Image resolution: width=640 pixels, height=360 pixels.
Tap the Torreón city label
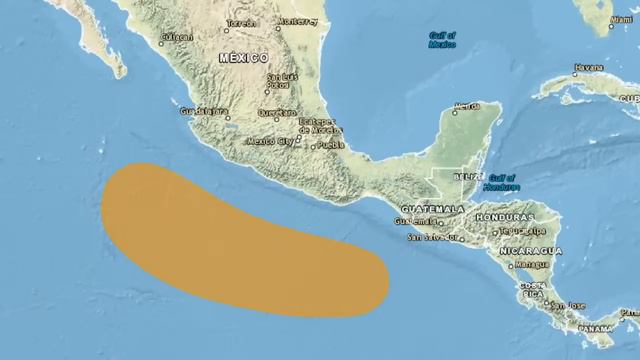pos(240,22)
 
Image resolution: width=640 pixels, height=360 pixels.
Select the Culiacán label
pos(176,39)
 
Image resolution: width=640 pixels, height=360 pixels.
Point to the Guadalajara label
pos(204,112)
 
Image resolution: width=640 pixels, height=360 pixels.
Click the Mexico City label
pos(267,141)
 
